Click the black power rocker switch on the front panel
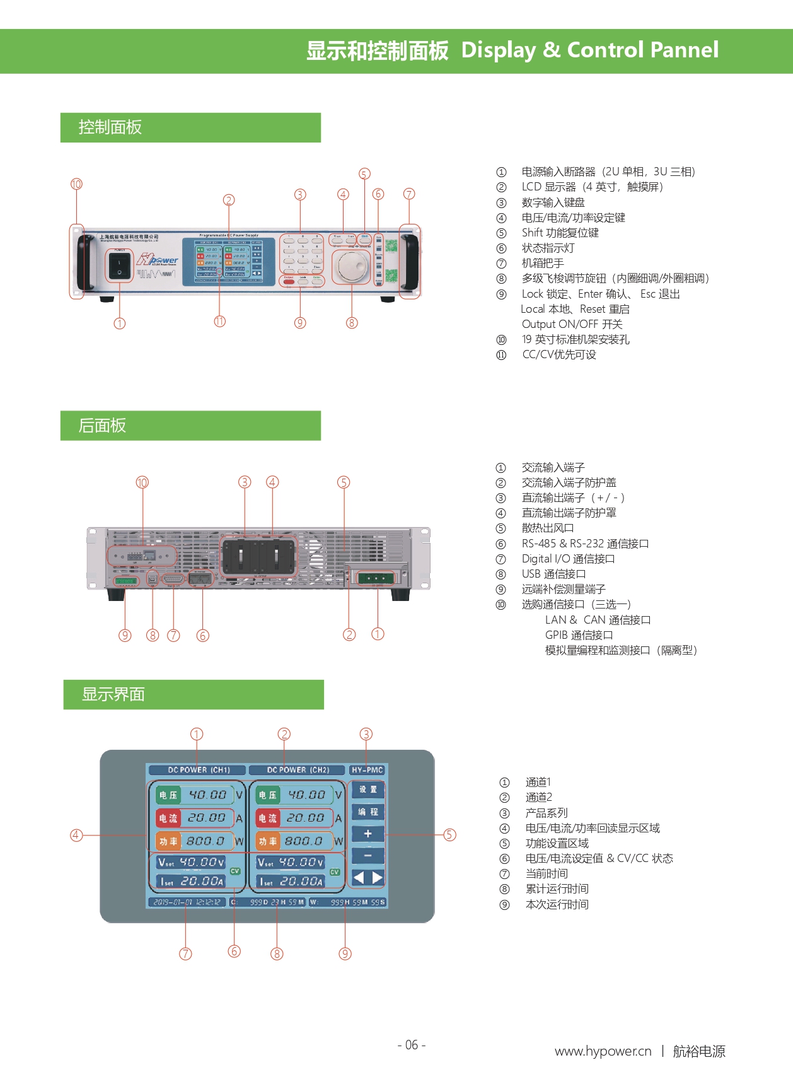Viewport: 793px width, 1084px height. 119,265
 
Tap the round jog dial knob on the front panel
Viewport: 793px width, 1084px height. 351,267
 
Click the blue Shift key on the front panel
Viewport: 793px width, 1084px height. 364,238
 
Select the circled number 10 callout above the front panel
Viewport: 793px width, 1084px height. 76,184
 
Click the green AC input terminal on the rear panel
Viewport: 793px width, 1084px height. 376,578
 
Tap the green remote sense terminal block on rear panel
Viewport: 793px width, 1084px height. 125,580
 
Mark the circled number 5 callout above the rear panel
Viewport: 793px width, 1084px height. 344,482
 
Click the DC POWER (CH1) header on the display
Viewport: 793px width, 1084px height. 199,770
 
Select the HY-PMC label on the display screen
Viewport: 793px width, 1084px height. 367,770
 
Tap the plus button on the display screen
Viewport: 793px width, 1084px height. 368,834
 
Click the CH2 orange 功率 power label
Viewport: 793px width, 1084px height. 268,841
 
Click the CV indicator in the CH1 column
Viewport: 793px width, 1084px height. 235,871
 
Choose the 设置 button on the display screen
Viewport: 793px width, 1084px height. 368,790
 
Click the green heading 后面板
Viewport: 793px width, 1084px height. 102,426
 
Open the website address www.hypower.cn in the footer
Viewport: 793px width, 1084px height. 603,1051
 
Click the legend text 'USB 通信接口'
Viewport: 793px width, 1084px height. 553,574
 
